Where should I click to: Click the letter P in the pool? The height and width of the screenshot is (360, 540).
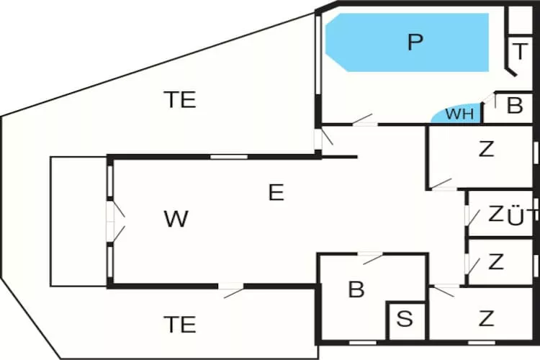click(414, 42)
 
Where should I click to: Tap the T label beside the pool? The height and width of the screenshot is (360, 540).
click(520, 52)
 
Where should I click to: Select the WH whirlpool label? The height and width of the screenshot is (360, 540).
click(459, 114)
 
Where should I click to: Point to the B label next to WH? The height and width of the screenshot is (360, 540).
click(514, 106)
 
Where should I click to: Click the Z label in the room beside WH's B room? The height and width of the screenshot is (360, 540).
click(487, 150)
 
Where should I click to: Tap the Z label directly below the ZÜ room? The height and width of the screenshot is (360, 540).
click(495, 262)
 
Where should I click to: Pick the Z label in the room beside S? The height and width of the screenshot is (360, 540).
click(487, 318)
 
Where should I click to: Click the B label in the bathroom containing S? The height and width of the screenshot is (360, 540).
click(356, 290)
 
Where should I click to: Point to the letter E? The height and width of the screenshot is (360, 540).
click(276, 193)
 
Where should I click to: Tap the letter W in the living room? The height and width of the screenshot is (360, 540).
click(176, 219)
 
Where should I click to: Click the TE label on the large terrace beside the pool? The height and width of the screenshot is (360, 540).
click(179, 99)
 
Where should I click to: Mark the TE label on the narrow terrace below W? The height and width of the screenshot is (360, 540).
click(179, 325)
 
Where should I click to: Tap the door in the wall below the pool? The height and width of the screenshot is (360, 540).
click(364, 120)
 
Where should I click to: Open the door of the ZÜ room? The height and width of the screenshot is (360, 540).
click(469, 215)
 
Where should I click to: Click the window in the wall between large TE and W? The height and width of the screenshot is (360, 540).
click(228, 156)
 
